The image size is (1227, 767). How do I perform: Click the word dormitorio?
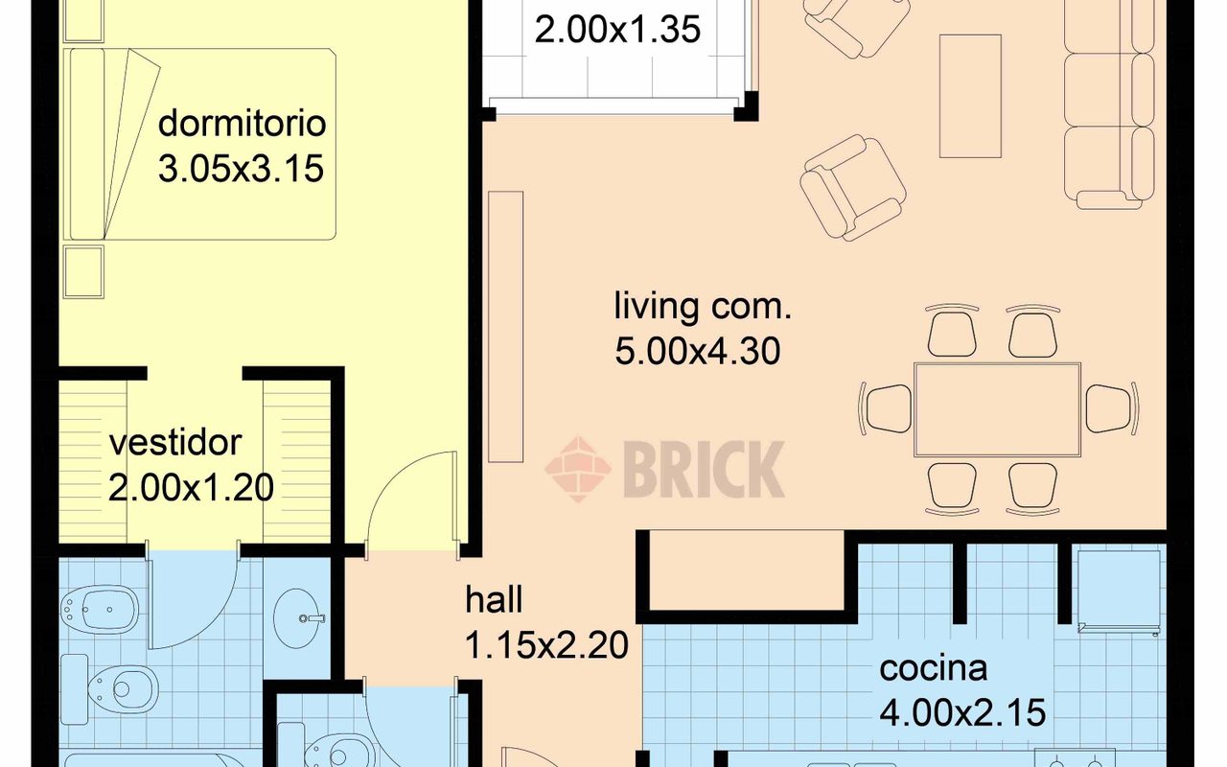tap(242, 124)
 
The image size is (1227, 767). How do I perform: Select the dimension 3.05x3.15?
tap(241, 168)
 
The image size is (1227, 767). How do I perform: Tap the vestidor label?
tap(174, 443)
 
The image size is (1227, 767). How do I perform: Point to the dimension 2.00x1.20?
tap(191, 488)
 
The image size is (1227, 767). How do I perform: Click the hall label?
tap(494, 599)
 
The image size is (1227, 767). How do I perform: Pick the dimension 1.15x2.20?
tap(546, 645)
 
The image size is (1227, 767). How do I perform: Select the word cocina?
tap(934, 668)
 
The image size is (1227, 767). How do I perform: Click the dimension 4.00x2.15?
tap(962, 712)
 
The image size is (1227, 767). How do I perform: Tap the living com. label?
tap(703, 306)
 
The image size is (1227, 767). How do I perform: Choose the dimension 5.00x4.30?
tap(697, 351)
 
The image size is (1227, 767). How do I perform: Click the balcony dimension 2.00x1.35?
tap(617, 29)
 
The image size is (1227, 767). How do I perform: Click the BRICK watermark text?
tap(704, 470)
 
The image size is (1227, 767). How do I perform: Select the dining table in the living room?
tap(998, 409)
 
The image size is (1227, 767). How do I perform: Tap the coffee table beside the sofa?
tap(971, 97)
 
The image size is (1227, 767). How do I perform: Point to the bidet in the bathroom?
tap(100, 608)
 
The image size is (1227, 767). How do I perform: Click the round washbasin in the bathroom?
tap(299, 618)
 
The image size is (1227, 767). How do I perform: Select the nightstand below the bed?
tap(83, 271)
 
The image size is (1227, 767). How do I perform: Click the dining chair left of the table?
tap(885, 408)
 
